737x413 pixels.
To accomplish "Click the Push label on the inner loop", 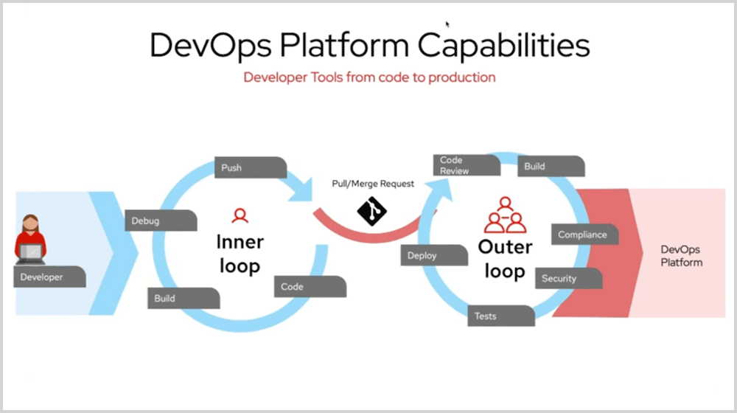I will tap(250, 167).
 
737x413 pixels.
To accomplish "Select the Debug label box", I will tap(160, 221).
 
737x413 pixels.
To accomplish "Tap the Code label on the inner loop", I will tap(310, 287).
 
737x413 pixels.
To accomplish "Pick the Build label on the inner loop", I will tap(183, 299).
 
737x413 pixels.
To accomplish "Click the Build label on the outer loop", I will tap(551, 167).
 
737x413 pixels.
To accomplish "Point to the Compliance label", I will tap(584, 235).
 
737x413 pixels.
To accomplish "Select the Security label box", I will tap(567, 279).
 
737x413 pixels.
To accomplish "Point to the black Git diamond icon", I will tap(372, 210).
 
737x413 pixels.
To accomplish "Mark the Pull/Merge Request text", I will tap(372, 184).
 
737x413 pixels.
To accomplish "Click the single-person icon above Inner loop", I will tap(240, 215).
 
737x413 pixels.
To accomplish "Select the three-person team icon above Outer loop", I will tap(505, 215).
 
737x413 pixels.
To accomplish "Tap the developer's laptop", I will tap(30, 253).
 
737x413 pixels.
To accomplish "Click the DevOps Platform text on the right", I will tap(681, 256).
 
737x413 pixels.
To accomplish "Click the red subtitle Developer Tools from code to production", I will tap(369, 77).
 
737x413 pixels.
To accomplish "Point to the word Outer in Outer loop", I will tap(506, 246).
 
